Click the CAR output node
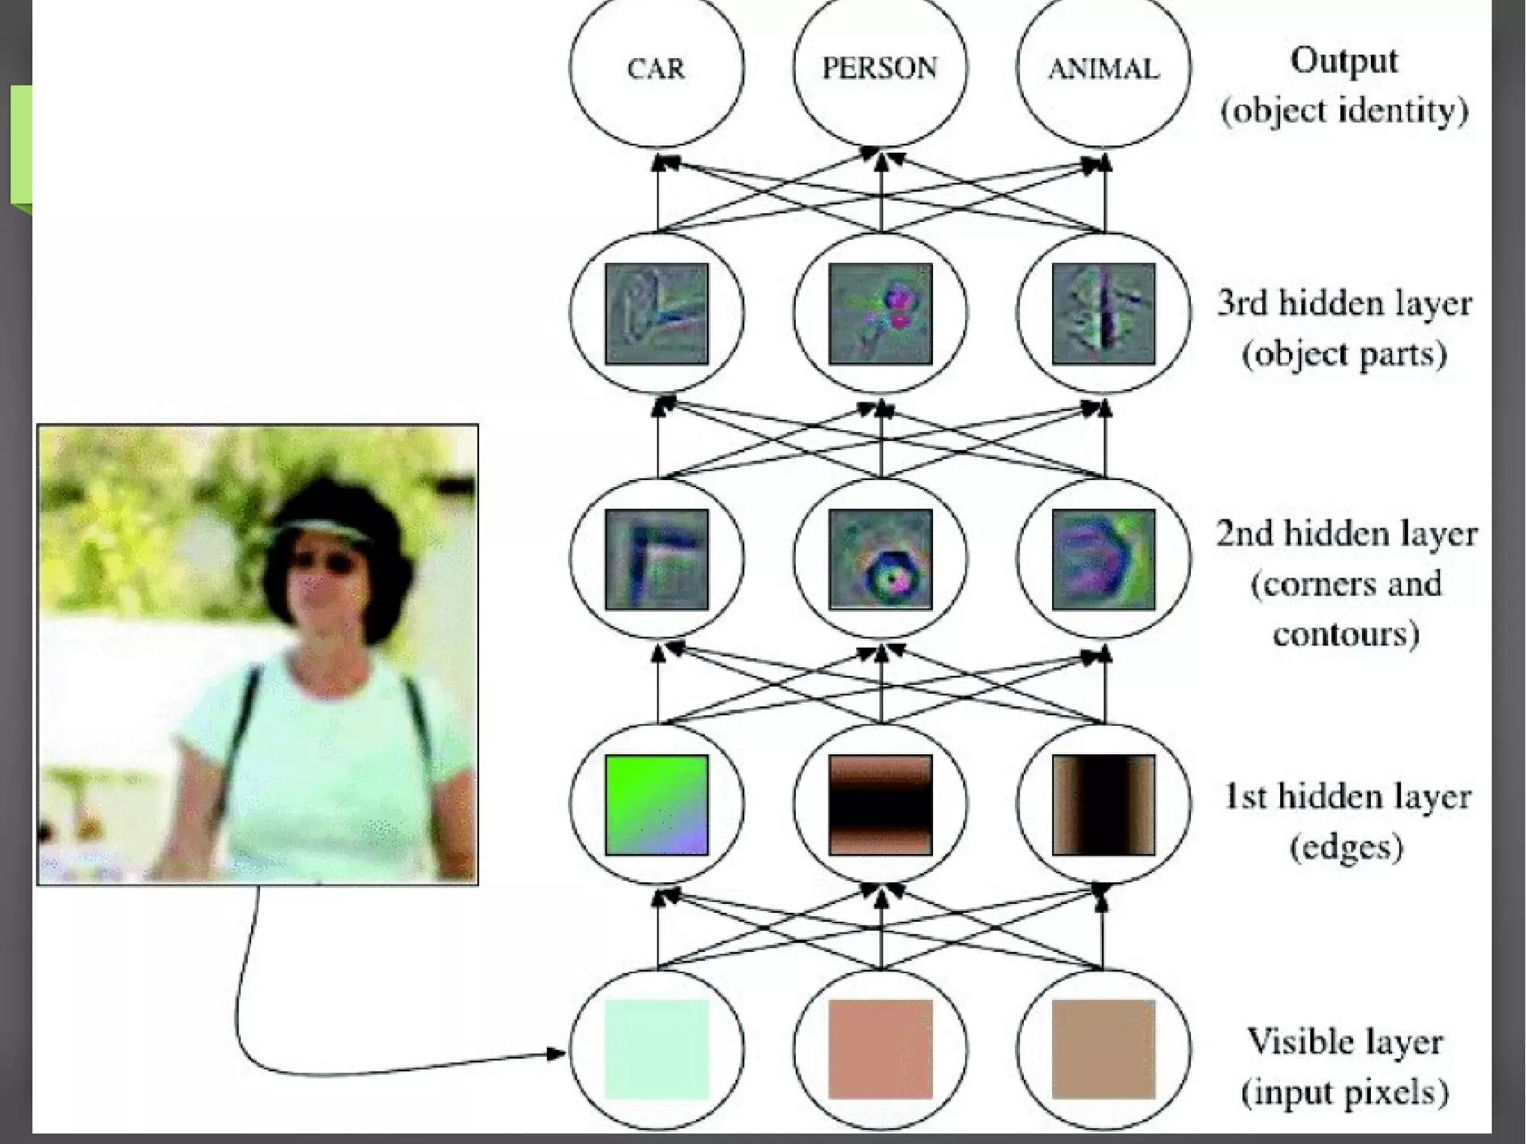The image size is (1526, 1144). (x=656, y=69)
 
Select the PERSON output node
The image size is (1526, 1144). (x=880, y=69)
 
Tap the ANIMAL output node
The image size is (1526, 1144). (x=1104, y=69)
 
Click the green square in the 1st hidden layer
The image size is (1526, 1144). (x=656, y=805)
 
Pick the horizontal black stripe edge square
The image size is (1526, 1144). (x=880, y=805)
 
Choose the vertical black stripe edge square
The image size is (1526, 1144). (x=1104, y=805)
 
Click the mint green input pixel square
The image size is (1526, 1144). (x=656, y=1049)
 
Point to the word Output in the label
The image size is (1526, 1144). (x=1343, y=61)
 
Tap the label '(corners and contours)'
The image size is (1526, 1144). (x=1346, y=609)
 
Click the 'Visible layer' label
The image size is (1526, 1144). (x=1345, y=1042)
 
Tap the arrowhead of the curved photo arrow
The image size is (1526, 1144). (x=557, y=1053)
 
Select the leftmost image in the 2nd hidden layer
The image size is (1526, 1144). (x=656, y=559)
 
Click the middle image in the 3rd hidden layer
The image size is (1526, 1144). (x=880, y=314)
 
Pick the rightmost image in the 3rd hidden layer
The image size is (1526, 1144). (x=1104, y=314)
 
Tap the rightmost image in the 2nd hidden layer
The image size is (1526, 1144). (x=1104, y=559)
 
